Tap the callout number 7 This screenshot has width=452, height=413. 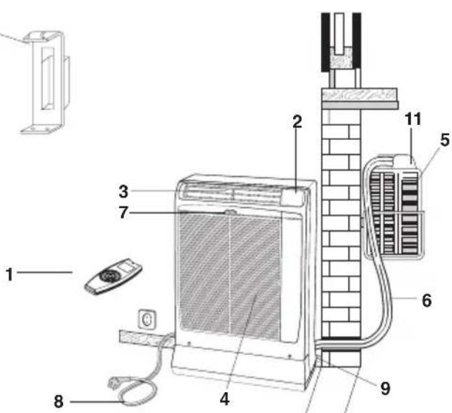tap(123, 212)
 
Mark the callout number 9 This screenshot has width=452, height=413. tap(385, 386)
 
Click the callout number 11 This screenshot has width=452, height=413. tap(414, 119)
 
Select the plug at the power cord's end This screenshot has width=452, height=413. tap(114, 384)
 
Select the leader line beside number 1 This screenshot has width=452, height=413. tap(45, 272)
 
